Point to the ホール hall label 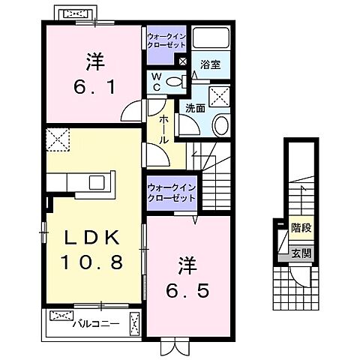pyautogui.click(x=162, y=128)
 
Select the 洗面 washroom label pyautogui.click(x=195, y=108)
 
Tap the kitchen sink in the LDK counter pyautogui.click(x=97, y=183)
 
